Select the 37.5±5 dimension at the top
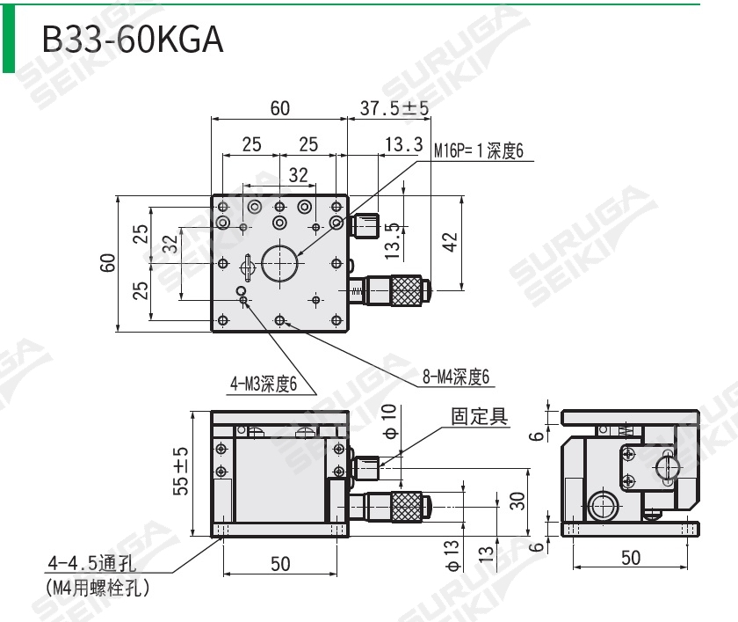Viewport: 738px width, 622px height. [x=394, y=108]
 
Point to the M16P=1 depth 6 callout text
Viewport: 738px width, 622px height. [x=479, y=151]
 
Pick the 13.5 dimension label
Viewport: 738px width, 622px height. [x=393, y=239]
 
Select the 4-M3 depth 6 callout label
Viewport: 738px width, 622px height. [x=264, y=384]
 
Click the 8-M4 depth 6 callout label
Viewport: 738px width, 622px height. [x=455, y=378]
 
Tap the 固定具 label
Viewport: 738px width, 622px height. [x=480, y=416]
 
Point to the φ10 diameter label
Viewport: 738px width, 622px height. [x=390, y=421]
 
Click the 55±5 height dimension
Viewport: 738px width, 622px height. [x=180, y=472]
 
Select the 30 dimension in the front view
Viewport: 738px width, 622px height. [x=517, y=501]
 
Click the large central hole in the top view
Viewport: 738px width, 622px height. [x=279, y=261]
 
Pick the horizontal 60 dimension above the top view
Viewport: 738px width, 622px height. [x=279, y=108]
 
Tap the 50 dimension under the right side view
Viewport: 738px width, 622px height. [x=631, y=558]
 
